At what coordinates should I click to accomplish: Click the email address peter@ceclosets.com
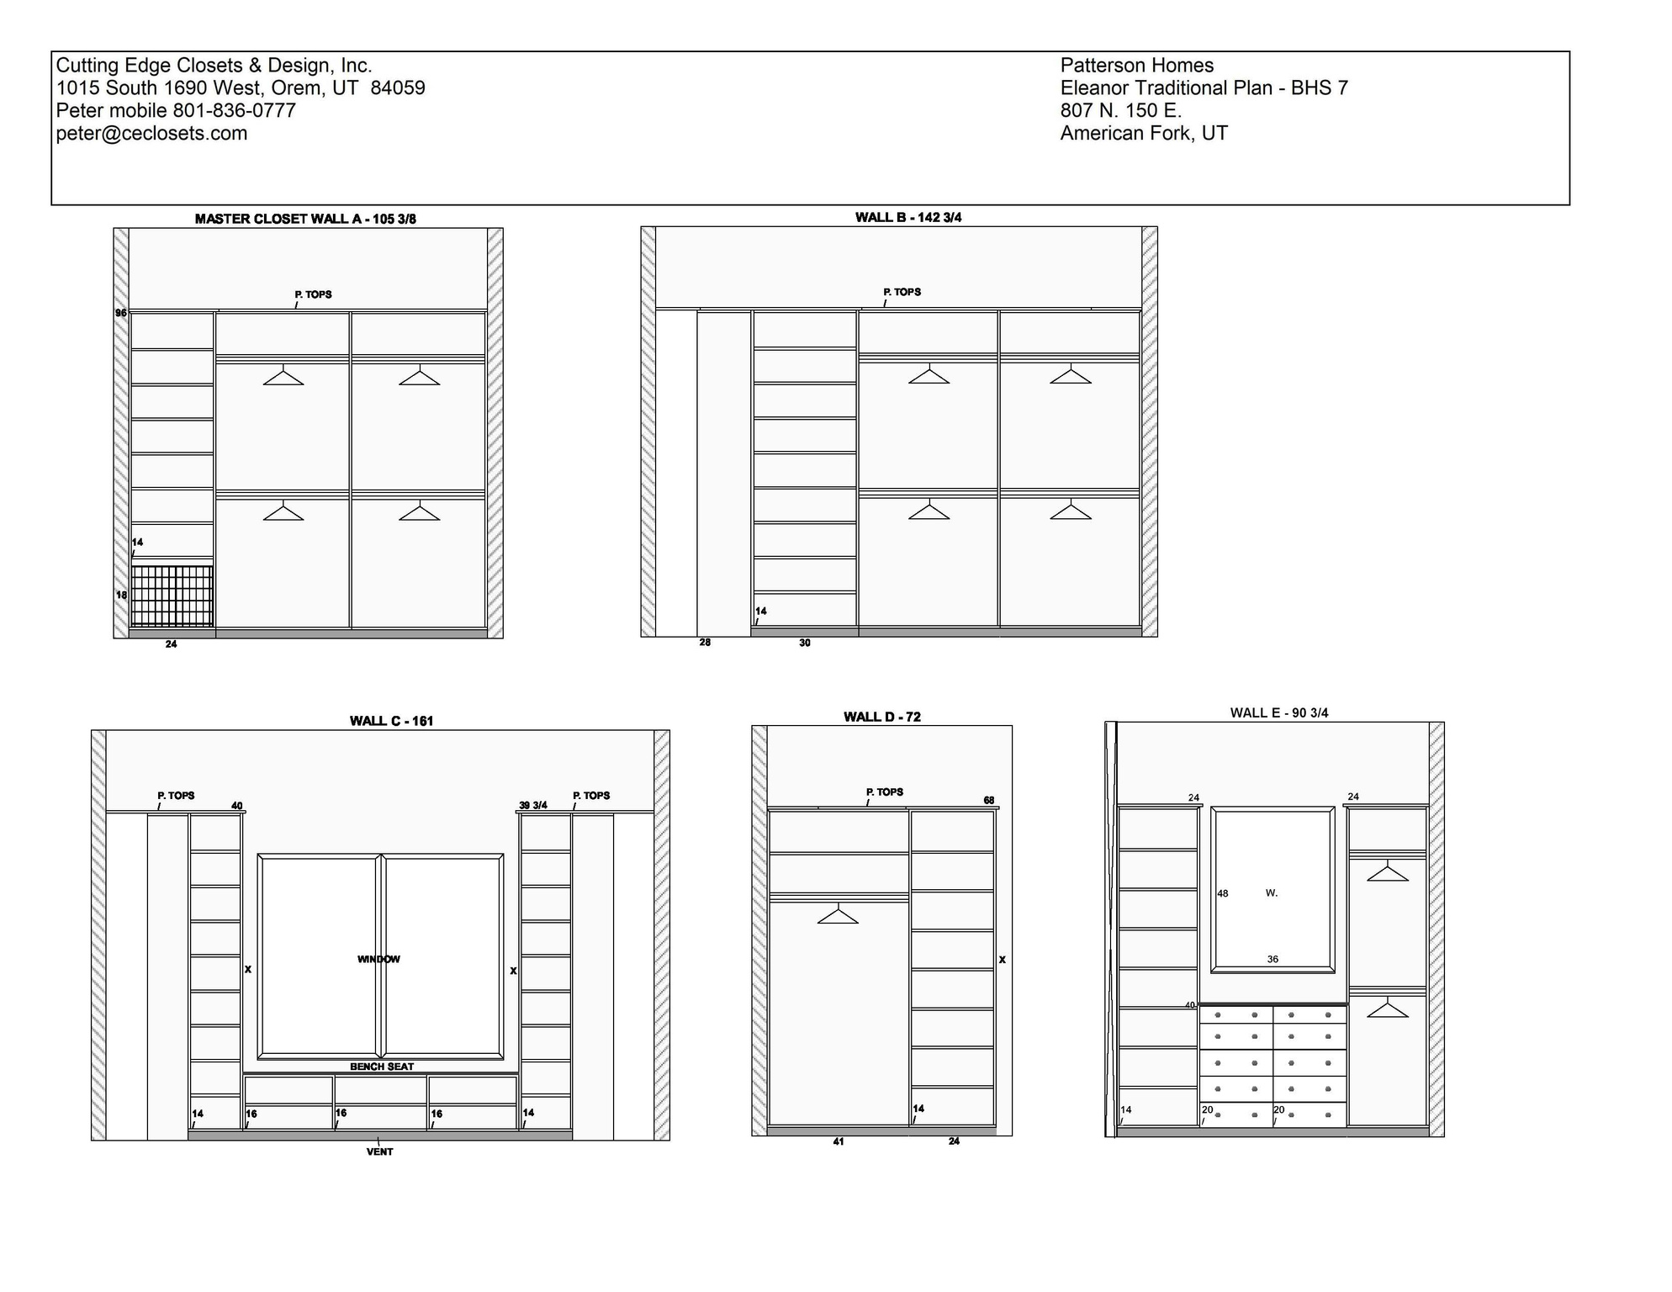(x=151, y=134)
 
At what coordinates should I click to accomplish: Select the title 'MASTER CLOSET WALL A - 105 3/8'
(x=305, y=219)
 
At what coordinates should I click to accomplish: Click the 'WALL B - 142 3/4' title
(x=908, y=217)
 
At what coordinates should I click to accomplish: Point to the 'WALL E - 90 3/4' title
(x=1278, y=713)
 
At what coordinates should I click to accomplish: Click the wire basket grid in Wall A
(x=172, y=596)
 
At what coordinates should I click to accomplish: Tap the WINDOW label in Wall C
(x=378, y=959)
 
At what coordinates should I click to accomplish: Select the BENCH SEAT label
(x=382, y=1067)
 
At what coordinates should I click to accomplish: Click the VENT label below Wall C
(x=379, y=1152)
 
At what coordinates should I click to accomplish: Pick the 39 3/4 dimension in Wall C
(x=533, y=805)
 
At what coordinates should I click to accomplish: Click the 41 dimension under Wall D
(x=838, y=1141)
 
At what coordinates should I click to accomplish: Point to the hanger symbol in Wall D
(x=838, y=914)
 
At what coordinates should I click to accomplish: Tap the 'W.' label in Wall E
(x=1271, y=893)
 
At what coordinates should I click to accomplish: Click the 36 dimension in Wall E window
(x=1273, y=959)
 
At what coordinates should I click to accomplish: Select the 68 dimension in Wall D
(x=989, y=800)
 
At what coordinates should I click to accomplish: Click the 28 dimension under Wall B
(x=705, y=643)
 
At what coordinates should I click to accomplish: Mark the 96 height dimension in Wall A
(x=121, y=313)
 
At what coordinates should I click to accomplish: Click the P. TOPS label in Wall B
(x=902, y=292)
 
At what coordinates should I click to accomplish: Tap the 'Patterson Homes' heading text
(x=1136, y=66)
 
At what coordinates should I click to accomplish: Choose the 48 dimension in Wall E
(x=1222, y=893)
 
